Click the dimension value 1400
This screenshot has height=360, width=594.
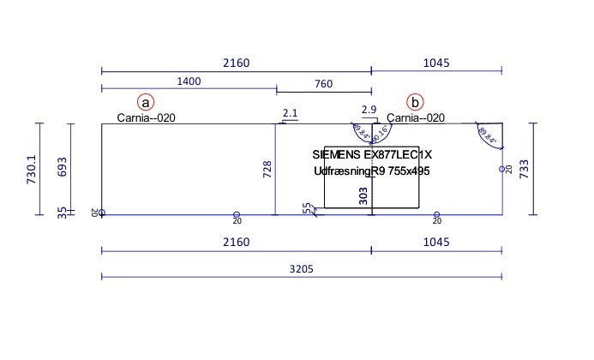[x=189, y=81]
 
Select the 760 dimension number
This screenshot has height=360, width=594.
[x=324, y=83]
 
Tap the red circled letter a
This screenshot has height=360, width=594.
[x=147, y=102]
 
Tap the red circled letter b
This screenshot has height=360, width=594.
[x=416, y=102]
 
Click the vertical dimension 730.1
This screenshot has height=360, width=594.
[x=33, y=168]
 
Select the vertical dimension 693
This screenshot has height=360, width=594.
[x=62, y=166]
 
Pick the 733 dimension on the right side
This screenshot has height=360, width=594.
[x=546, y=168]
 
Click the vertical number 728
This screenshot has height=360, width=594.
[x=267, y=169]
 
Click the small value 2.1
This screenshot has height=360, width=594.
[x=290, y=112]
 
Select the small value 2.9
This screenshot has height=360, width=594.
[x=369, y=109]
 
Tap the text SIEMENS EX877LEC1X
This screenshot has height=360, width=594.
[x=372, y=154]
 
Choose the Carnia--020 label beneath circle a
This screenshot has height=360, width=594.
[x=147, y=118]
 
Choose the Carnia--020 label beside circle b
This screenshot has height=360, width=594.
[x=416, y=118]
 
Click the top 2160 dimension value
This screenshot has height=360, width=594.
[x=236, y=63]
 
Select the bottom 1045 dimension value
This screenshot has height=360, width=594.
[x=436, y=243]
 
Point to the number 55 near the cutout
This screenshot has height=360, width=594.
[x=307, y=207]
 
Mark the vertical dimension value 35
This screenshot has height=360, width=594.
[x=62, y=212]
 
